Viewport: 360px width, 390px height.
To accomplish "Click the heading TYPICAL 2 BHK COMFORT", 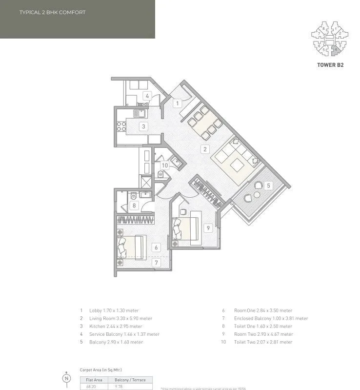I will [52, 12].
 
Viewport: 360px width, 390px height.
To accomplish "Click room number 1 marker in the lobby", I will [178, 103].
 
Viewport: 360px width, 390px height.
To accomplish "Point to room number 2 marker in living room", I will [206, 149].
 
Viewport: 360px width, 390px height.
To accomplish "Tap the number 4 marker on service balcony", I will [147, 96].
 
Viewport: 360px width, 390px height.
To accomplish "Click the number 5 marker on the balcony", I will [268, 185].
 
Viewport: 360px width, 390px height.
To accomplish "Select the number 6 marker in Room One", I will [156, 247].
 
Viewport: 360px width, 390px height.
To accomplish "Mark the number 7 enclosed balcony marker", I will [156, 263].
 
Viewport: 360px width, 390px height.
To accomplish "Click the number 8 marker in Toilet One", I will [135, 205].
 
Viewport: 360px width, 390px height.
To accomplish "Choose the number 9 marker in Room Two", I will [207, 227].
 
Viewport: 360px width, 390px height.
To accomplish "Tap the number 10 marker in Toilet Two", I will [165, 165].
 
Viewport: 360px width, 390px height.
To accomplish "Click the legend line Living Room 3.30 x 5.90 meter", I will [117, 318].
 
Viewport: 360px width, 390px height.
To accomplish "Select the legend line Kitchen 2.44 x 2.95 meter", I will [116, 326].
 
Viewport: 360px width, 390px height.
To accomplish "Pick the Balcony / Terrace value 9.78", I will [119, 386].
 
